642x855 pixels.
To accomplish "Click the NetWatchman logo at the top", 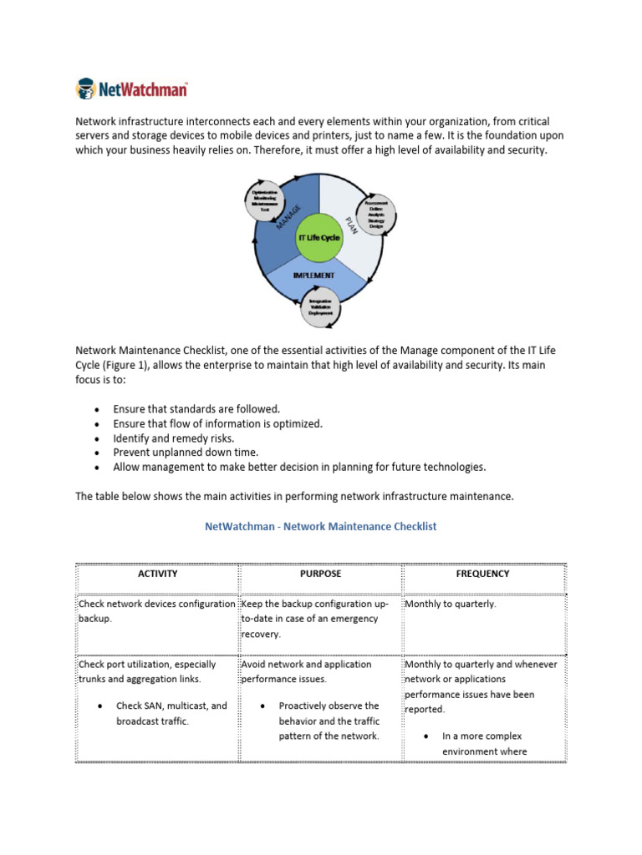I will tap(131, 89).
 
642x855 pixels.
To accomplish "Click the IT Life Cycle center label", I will tap(318, 237).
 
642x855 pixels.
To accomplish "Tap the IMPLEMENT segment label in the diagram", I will tap(313, 274).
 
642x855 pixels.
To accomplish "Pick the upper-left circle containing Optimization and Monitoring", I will tap(265, 201).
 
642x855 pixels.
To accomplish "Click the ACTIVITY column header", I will tap(157, 574).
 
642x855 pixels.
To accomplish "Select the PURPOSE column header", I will tap(320, 574).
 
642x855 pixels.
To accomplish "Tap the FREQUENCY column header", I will tap(484, 574).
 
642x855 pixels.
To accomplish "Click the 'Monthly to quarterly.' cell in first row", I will tap(450, 604).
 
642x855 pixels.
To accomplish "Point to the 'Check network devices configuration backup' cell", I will tap(156, 611).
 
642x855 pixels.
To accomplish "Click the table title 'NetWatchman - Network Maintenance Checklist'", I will tap(320, 527).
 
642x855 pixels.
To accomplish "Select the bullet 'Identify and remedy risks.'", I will tap(174, 438).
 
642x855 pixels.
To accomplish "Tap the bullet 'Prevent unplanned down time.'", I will tap(181, 453).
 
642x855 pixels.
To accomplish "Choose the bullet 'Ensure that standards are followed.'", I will tap(196, 409).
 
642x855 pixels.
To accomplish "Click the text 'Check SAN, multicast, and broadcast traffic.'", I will tap(171, 713).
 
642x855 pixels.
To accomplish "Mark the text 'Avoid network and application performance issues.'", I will tap(306, 672).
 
